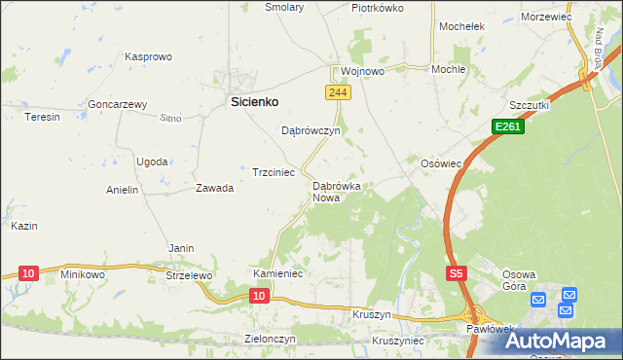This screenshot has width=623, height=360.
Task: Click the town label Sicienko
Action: pos(254,100)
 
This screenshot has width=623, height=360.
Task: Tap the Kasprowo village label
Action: pos(148,57)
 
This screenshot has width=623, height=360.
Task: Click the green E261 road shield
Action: pos(507,126)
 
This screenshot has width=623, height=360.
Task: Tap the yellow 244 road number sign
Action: pos(337,91)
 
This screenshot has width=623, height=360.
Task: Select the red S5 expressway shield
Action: pos(457,275)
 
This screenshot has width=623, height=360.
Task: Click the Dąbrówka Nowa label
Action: pos(337,191)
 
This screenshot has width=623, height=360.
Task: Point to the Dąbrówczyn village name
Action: pos(310,130)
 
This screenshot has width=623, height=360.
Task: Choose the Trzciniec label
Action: pos(274,172)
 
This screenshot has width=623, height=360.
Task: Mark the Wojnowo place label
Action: pos(363,72)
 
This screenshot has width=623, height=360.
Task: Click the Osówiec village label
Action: pos(440,163)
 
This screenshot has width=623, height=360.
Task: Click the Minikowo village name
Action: pos(82,274)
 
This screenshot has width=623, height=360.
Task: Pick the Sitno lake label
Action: pos(170,118)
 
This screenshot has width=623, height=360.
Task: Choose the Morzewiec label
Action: pos(545,18)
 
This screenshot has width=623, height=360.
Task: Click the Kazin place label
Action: pos(24,226)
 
